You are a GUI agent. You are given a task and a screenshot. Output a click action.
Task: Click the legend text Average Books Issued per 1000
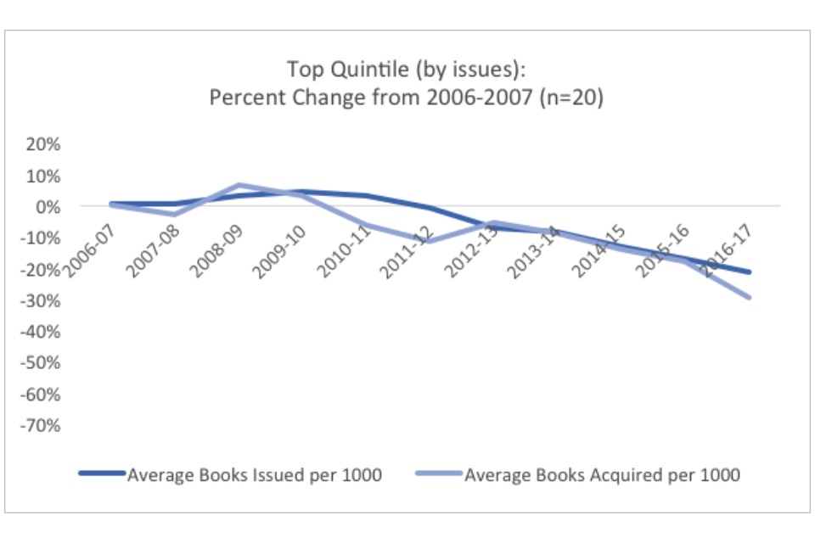[255, 475]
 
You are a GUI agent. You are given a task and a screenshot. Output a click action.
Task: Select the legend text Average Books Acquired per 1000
[602, 475]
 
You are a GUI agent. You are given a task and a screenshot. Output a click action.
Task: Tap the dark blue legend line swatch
[102, 475]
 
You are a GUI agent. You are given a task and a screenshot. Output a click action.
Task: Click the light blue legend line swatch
[440, 475]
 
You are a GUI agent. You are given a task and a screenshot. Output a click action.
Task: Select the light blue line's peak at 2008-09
[240, 185]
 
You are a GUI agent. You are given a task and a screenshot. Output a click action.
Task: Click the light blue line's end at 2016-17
[750, 297]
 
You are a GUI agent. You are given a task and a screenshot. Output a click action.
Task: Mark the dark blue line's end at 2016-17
[750, 272]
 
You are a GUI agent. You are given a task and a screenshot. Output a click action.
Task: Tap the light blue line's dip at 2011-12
[431, 241]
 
